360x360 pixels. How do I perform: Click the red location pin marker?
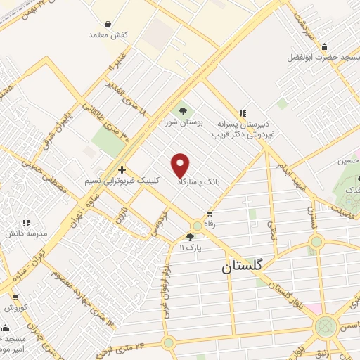181,166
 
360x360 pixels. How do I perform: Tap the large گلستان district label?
241,266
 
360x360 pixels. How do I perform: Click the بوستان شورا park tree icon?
184,110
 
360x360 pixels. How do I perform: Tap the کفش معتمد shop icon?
107,22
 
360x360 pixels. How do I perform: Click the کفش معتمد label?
106,34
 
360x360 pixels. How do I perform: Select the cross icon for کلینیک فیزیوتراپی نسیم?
122,169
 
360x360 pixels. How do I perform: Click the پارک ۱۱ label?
190,247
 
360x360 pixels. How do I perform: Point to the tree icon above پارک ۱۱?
190,236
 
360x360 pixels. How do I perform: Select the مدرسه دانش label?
27,233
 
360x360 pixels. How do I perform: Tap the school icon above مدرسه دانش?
25,223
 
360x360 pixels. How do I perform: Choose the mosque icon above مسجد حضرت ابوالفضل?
324,47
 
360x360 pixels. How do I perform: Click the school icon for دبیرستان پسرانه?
243,113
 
